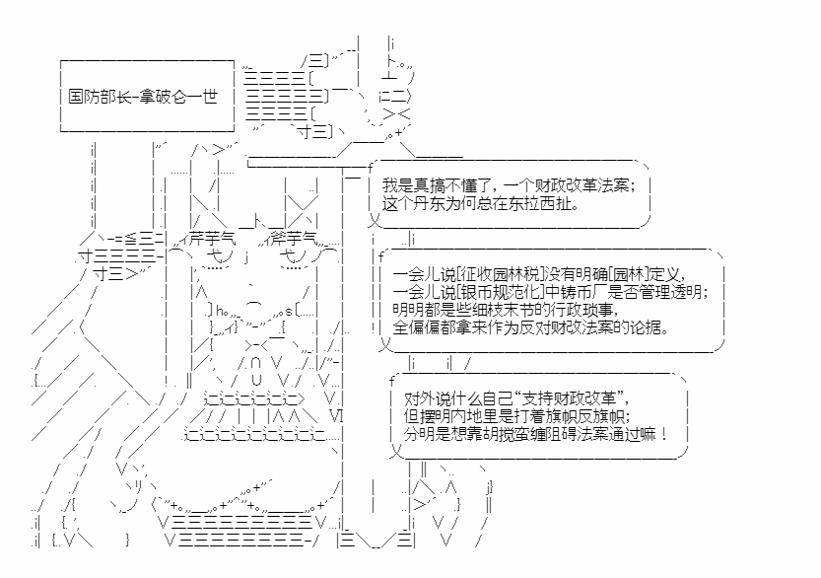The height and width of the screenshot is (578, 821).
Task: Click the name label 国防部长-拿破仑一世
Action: tap(143, 97)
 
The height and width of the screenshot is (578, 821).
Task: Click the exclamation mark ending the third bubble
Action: tap(663, 434)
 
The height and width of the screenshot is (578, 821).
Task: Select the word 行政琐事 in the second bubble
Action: tap(582, 309)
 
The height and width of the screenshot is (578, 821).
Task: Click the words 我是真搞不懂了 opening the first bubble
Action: tap(437, 185)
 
